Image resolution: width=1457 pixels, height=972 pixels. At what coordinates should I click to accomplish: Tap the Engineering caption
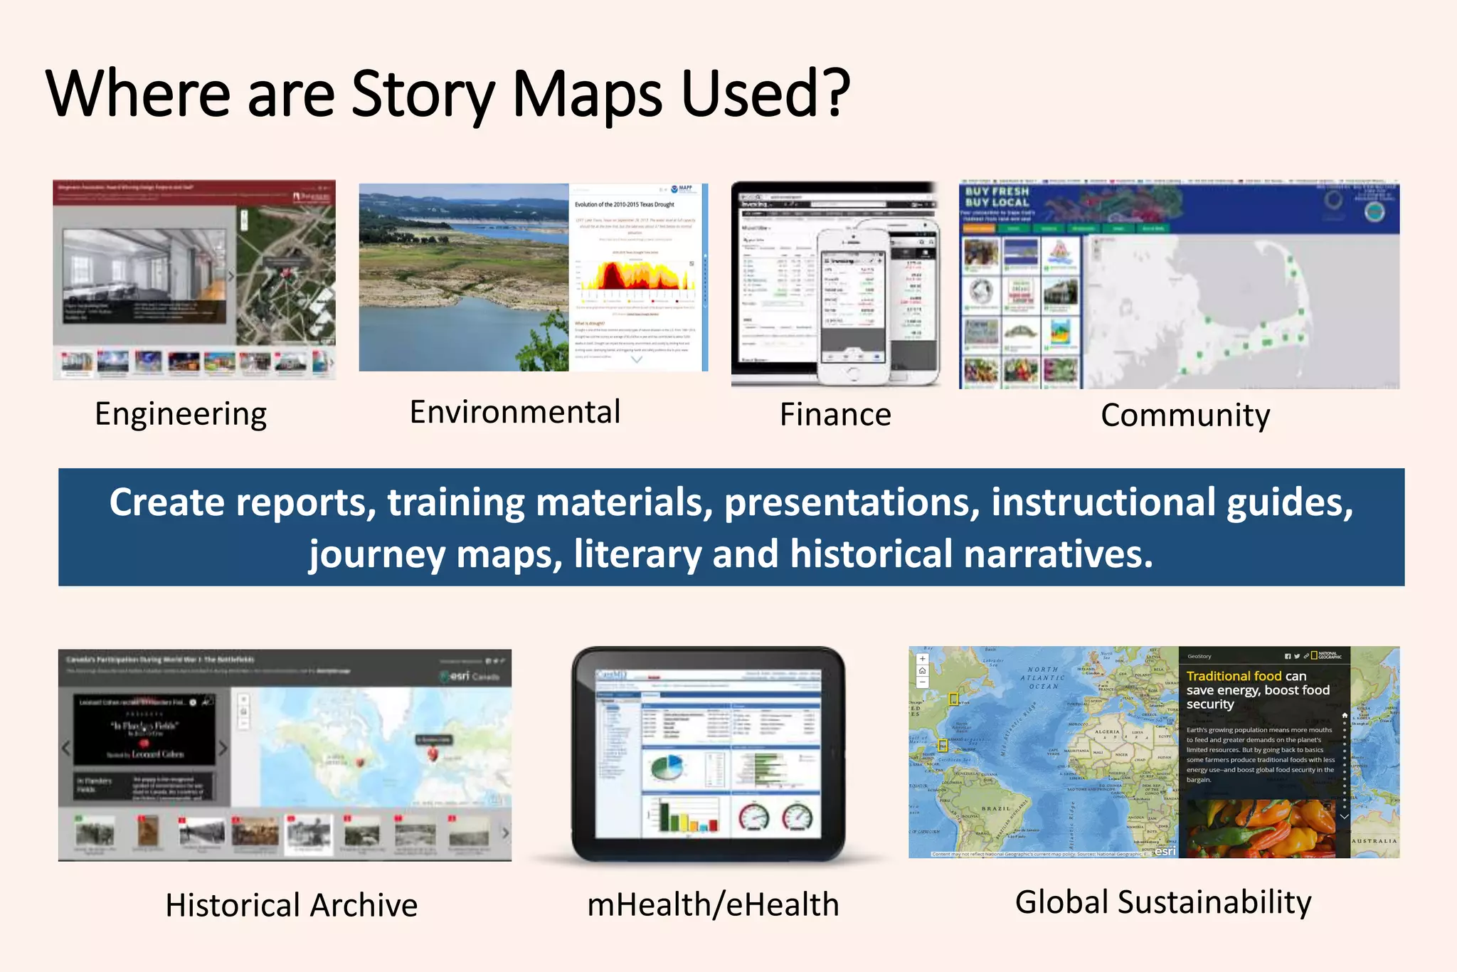[x=181, y=414]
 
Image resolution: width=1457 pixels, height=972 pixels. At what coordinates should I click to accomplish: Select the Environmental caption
[x=515, y=412]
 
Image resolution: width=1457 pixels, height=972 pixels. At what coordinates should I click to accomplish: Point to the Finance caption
[x=835, y=414]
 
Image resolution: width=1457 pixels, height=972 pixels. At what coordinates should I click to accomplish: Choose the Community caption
[x=1185, y=416]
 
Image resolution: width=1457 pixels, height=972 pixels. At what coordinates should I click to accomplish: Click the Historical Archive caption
[x=291, y=905]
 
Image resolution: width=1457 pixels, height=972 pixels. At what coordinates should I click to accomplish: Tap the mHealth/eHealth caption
[x=713, y=904]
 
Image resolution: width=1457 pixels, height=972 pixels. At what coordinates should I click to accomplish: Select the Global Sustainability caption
[x=1163, y=902]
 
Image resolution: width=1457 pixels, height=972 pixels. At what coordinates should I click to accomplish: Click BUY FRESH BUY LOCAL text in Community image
[x=997, y=197]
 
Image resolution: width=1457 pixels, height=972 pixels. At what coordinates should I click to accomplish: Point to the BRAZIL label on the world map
[x=995, y=809]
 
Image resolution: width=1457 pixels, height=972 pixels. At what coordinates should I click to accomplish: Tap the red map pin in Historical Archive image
[x=432, y=754]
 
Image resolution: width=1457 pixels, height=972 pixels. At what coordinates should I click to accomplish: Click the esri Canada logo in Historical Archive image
[x=470, y=676]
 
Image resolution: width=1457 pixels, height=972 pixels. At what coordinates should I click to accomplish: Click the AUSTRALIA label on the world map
[x=1374, y=841]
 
